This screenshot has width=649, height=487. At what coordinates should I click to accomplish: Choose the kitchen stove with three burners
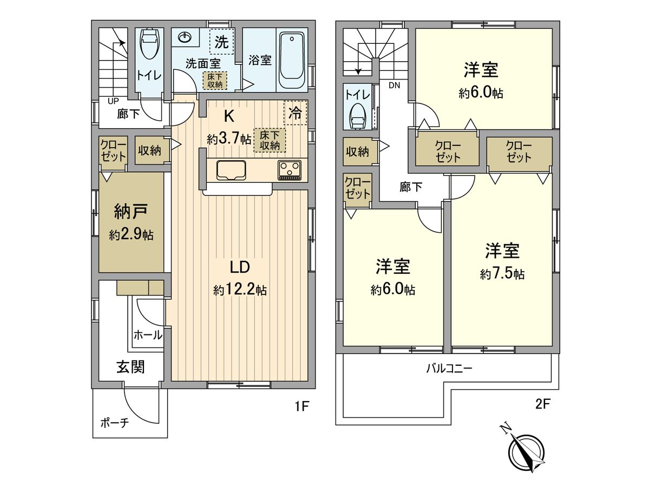[x=291, y=170]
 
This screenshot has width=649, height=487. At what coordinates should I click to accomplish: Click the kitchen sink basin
[x=232, y=170]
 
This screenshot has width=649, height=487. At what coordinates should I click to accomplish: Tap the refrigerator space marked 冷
[x=295, y=113]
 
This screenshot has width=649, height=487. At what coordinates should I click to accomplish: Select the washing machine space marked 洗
[x=222, y=42]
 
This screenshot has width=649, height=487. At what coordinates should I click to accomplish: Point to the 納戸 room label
[x=130, y=209]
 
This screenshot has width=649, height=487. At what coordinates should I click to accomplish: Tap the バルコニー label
[x=449, y=369]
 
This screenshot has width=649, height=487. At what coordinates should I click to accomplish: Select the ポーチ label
[x=114, y=423]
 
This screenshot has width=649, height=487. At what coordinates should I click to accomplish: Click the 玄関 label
[x=130, y=367]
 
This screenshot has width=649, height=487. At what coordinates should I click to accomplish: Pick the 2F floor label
[x=541, y=403]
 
